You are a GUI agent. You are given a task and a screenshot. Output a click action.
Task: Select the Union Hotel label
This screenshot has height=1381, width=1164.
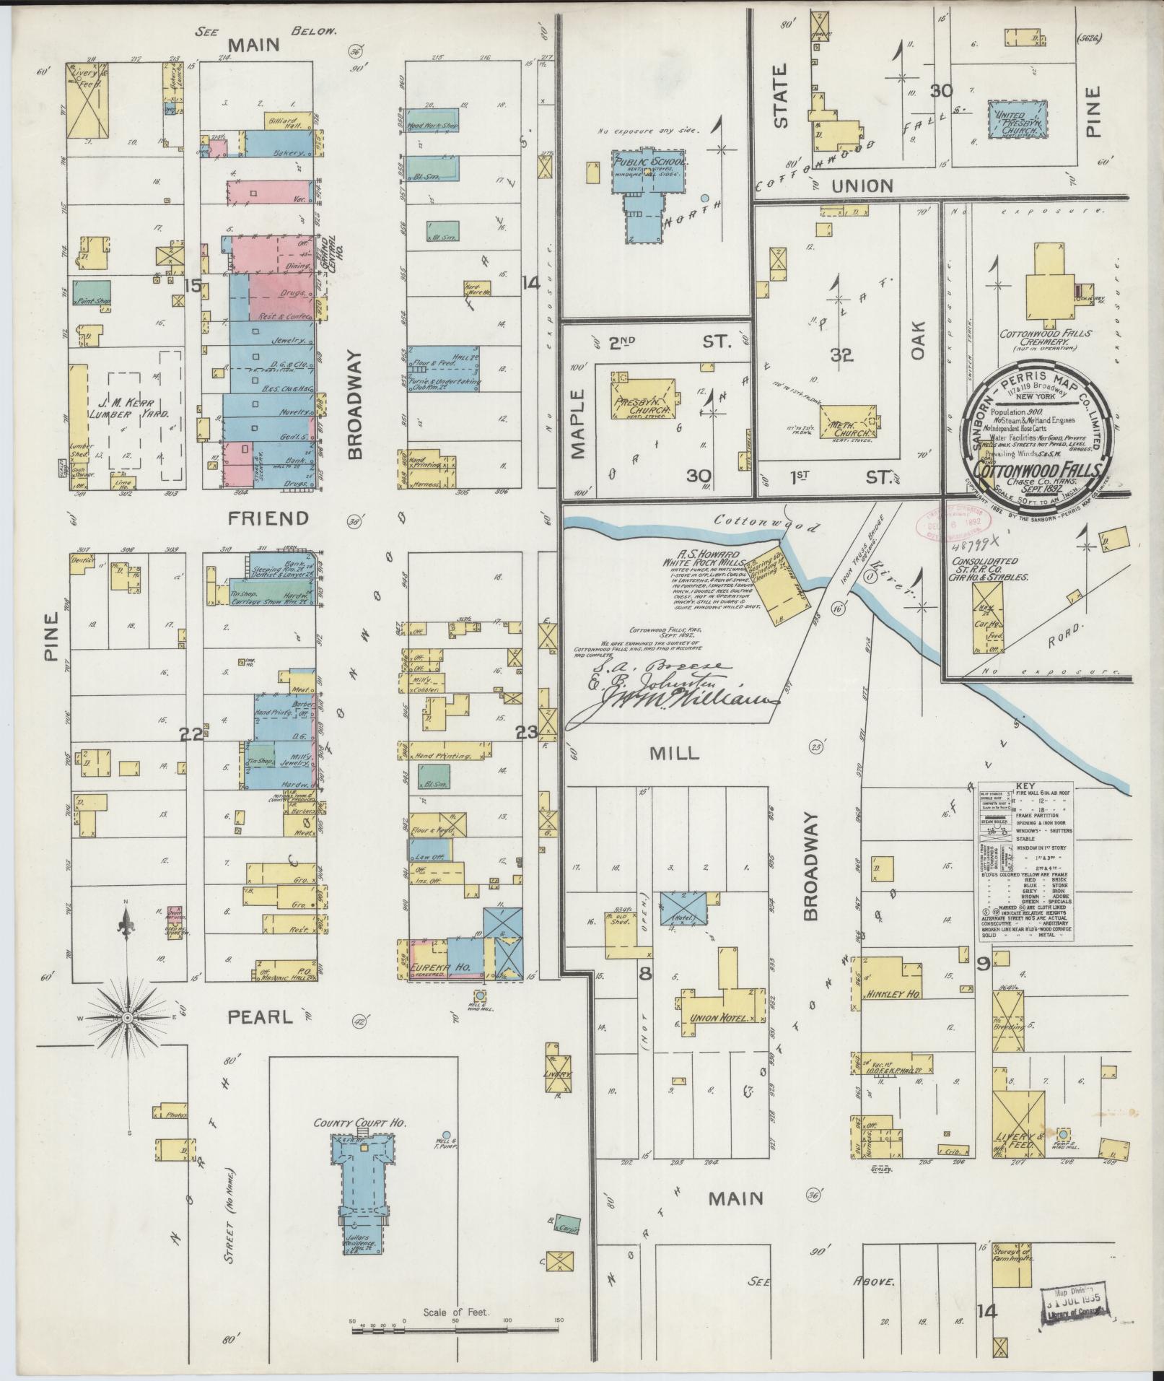pyautogui.click(x=714, y=1018)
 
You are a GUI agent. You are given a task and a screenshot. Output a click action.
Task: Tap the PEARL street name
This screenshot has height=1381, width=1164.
pyautogui.click(x=261, y=1017)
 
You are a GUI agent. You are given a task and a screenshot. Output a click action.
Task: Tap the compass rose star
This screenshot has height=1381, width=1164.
pyautogui.click(x=128, y=1018)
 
